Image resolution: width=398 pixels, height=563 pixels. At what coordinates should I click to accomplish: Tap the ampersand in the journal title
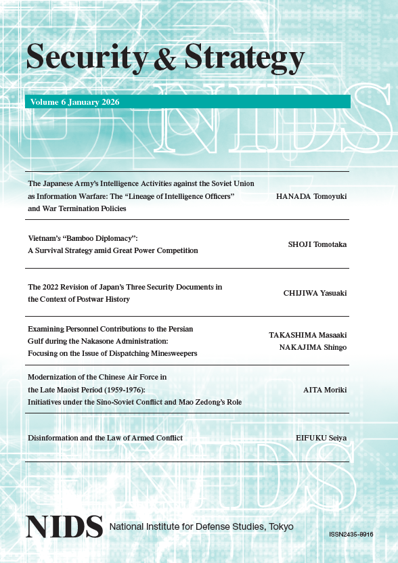(x=165, y=60)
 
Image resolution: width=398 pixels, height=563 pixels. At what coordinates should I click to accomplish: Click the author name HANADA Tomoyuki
(x=311, y=196)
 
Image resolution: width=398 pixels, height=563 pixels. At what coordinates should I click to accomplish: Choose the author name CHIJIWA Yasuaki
(x=315, y=293)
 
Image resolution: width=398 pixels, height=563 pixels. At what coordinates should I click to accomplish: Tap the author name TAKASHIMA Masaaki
(x=308, y=335)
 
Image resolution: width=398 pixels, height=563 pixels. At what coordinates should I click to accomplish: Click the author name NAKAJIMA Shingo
(x=313, y=347)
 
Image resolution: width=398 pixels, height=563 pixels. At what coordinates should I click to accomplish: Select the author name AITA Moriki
(x=325, y=390)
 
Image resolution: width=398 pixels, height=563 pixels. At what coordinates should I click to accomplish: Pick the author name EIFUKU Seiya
(x=322, y=438)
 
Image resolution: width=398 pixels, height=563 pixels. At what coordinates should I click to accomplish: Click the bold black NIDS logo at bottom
(x=64, y=526)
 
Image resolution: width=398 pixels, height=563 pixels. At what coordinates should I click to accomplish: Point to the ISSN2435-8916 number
(x=351, y=535)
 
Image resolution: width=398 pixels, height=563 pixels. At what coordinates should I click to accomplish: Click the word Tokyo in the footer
(x=281, y=526)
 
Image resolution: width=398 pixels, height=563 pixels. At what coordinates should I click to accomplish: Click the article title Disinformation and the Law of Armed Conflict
(x=105, y=438)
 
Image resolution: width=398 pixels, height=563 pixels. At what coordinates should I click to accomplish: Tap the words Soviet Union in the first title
(x=237, y=184)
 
